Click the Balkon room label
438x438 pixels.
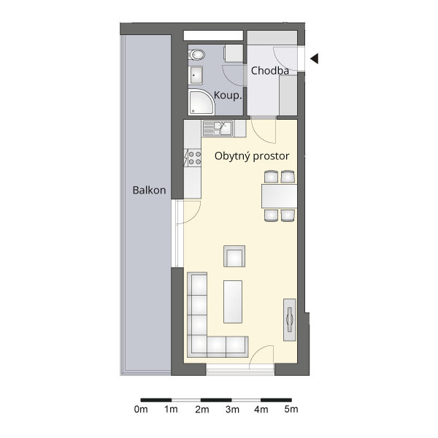point(149,191)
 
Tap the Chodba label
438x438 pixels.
point(270,71)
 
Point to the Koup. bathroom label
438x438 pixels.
point(228,96)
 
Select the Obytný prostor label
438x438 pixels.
point(252,156)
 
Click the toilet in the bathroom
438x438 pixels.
point(196,55)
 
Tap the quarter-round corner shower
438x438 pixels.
point(201,102)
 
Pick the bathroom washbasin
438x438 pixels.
point(196,75)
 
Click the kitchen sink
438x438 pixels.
point(218,128)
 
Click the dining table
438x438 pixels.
point(279,196)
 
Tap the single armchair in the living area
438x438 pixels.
point(234,256)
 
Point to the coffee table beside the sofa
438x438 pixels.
point(233,301)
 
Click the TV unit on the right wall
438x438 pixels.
point(290,320)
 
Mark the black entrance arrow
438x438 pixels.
point(314,58)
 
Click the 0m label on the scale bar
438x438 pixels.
point(141,410)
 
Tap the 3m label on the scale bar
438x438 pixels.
point(232,410)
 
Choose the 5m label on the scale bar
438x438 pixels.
point(291,410)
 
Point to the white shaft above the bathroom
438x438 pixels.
point(213,36)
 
